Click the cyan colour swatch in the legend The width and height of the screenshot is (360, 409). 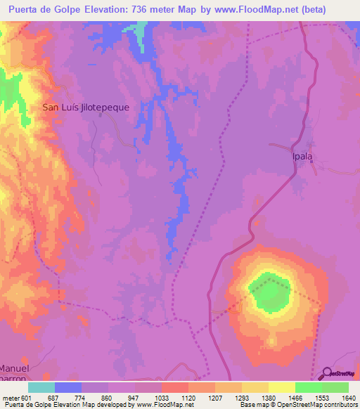click(x=41, y=387)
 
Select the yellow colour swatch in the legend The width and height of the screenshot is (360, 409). click(x=282, y=387)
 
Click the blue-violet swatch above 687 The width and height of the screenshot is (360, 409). click(x=68, y=387)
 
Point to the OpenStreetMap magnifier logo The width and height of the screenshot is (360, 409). click(x=326, y=374)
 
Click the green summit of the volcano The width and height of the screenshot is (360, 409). click(x=269, y=292)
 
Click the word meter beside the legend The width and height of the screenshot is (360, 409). click(x=11, y=397)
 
